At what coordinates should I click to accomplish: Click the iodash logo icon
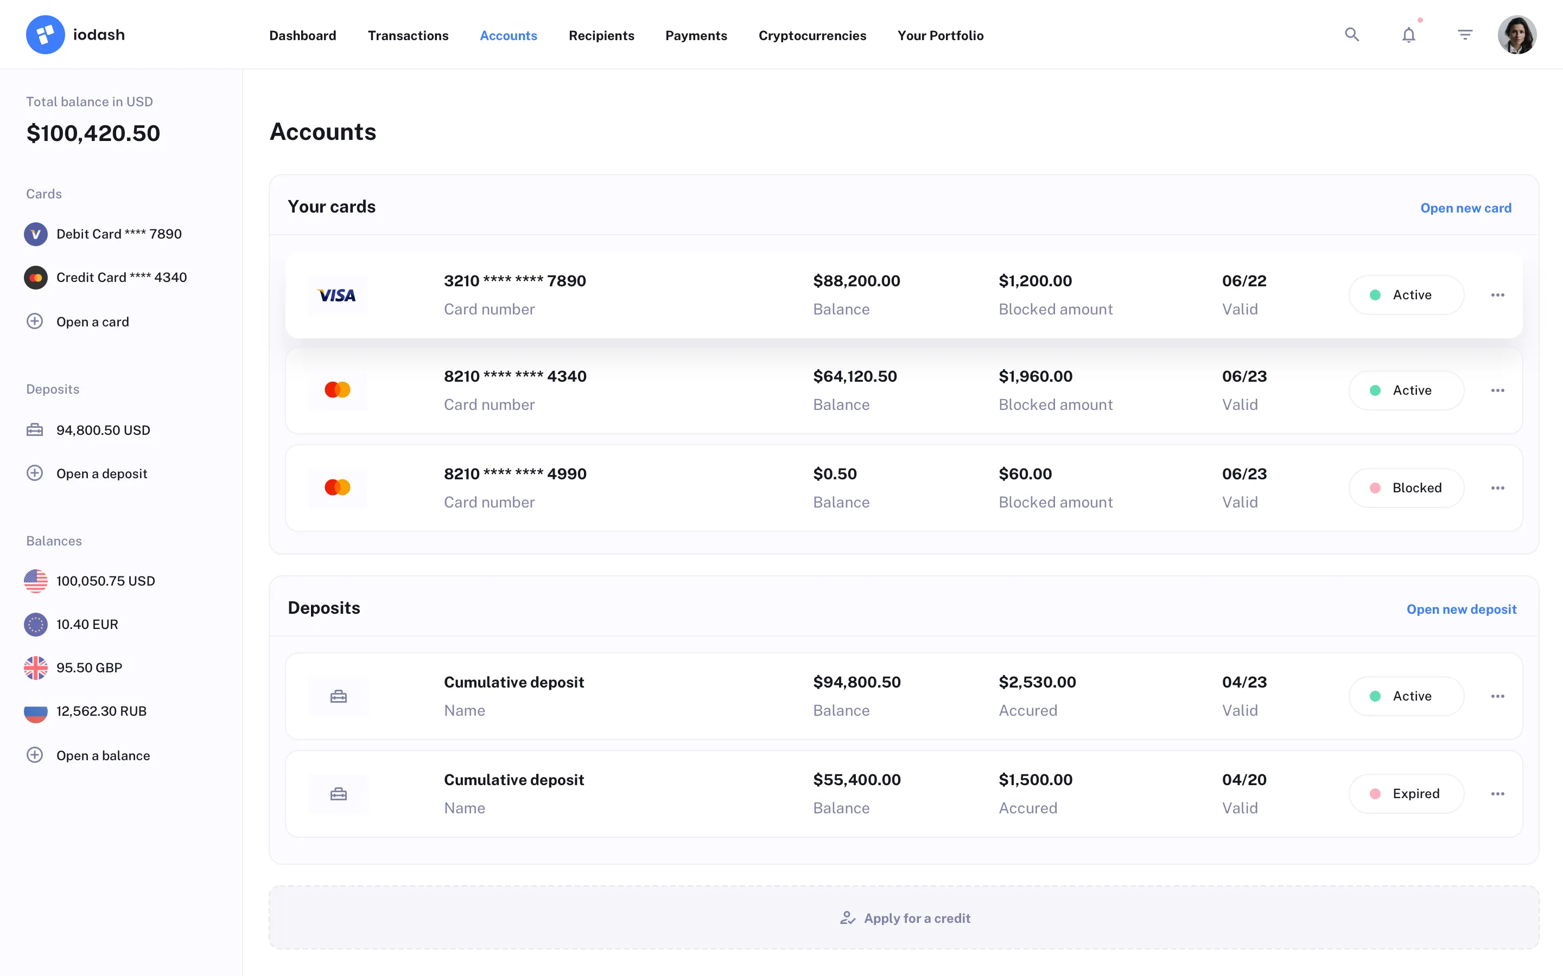coord(45,35)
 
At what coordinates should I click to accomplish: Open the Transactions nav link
coord(408,35)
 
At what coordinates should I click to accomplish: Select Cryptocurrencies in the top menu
coord(812,35)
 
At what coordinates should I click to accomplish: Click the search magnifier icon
coord(1352,35)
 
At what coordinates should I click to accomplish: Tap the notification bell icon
coord(1409,35)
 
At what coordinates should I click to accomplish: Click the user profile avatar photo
coord(1516,35)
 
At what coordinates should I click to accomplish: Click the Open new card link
coord(1465,208)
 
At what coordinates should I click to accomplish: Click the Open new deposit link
coord(1461,609)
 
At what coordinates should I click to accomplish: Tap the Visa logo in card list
coord(337,295)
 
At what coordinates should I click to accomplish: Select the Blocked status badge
coord(1406,488)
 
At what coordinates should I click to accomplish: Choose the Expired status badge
coord(1406,794)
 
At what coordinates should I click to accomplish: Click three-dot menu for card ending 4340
coord(1497,390)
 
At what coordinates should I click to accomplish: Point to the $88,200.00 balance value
coord(856,281)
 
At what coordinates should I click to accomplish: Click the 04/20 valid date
coord(1244,780)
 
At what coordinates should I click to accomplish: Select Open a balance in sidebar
coord(103,755)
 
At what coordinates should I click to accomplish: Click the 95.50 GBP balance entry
coord(88,667)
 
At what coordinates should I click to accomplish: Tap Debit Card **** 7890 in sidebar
coord(119,234)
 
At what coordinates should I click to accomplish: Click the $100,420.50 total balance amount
coord(93,133)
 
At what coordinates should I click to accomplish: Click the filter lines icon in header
coord(1465,35)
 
